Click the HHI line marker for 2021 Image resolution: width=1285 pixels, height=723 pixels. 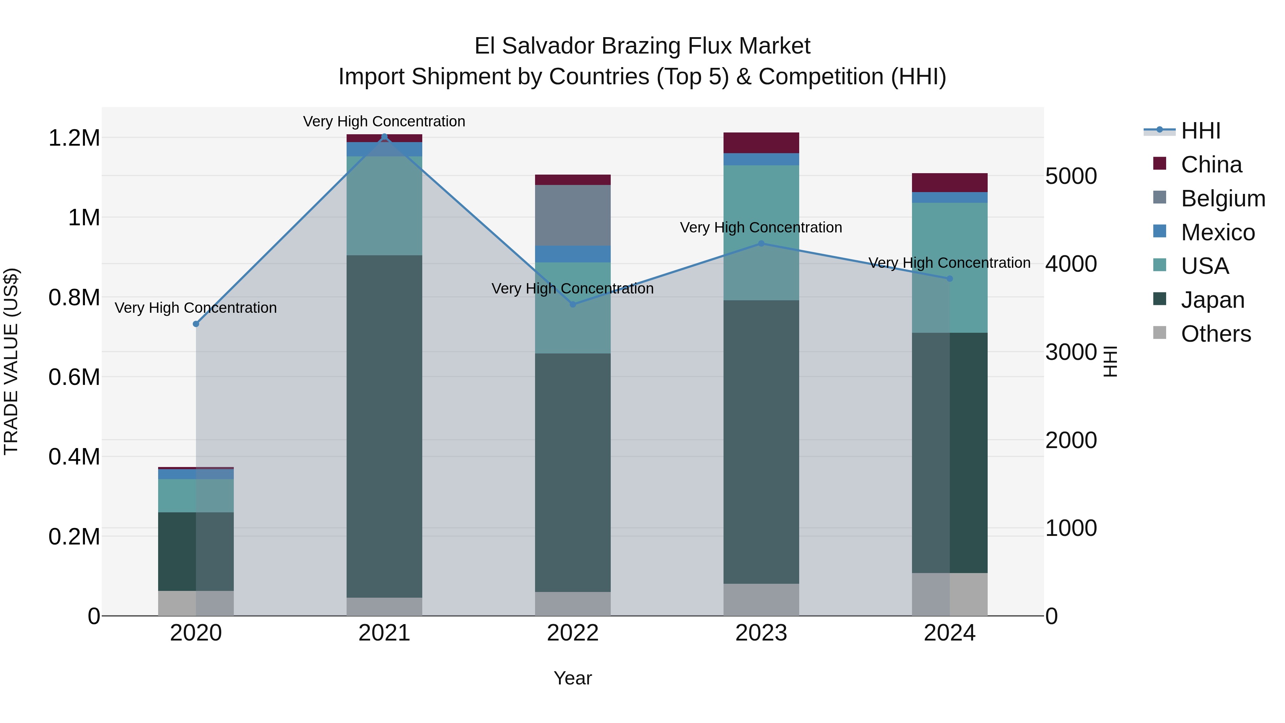(x=384, y=137)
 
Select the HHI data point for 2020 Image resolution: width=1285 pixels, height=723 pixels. (x=196, y=324)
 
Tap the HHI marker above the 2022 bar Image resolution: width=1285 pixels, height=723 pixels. (x=573, y=304)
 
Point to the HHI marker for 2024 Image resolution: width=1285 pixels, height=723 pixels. (x=949, y=278)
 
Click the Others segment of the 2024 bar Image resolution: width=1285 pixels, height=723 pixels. (x=949, y=594)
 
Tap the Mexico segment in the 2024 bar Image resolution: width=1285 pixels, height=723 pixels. (x=949, y=197)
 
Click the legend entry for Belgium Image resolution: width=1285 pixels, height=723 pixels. (x=1223, y=199)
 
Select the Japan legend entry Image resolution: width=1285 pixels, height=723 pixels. (x=1212, y=300)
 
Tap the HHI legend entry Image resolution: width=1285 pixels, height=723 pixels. (x=1200, y=131)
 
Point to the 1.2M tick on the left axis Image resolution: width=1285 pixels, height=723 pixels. (x=74, y=138)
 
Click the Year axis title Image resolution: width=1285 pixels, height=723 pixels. (x=572, y=678)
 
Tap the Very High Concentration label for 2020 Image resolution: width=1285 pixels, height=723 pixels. (x=196, y=308)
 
